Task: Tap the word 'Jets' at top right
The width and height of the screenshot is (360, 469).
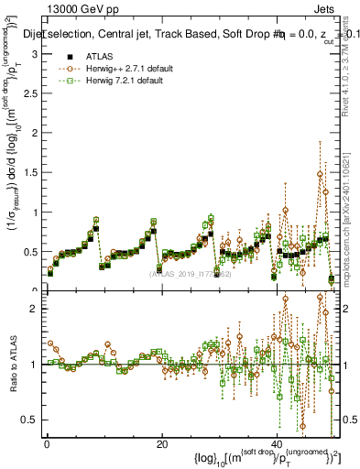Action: [x=327, y=8]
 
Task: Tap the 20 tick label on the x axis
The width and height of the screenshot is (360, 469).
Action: [x=161, y=444]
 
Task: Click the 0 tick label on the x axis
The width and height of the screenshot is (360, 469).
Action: [x=46, y=444]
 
